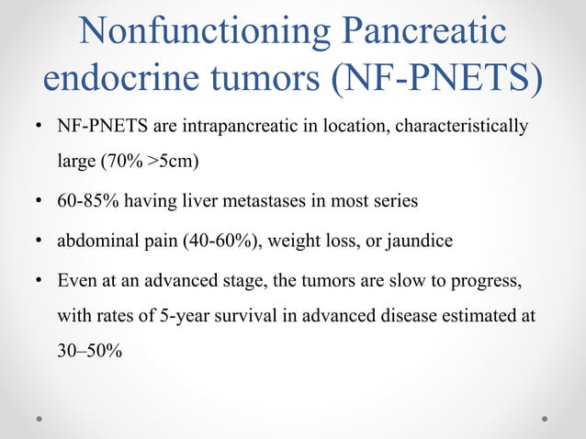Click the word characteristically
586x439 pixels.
click(x=461, y=125)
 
